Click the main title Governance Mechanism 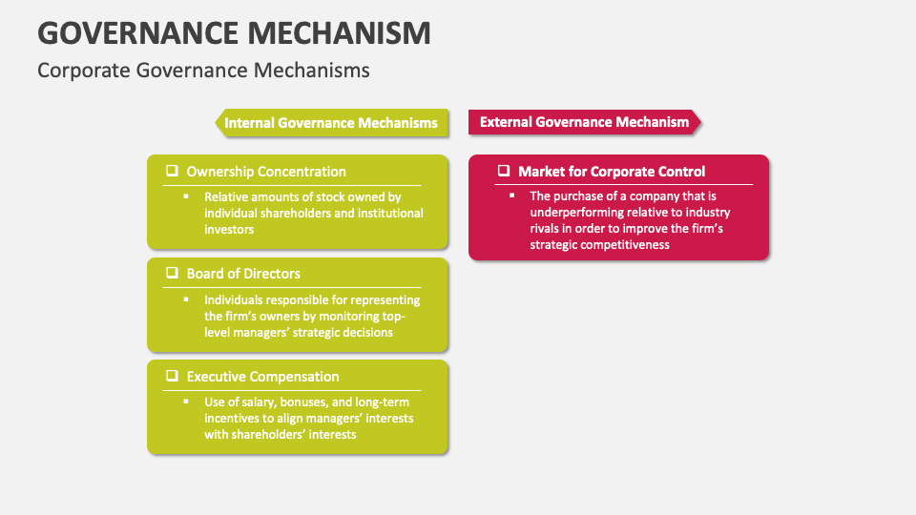click(x=234, y=32)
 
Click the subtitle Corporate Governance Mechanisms click(x=203, y=71)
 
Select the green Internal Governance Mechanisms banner click(x=330, y=123)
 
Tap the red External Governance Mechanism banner click(x=584, y=122)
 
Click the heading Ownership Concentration click(x=266, y=172)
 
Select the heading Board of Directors click(x=243, y=274)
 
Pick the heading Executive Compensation click(x=262, y=376)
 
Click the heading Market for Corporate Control click(x=612, y=172)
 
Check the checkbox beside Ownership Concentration click(x=172, y=171)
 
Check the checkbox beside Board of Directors click(x=172, y=273)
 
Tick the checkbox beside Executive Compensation click(x=172, y=375)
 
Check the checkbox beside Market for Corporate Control click(x=504, y=171)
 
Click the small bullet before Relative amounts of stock click(x=187, y=196)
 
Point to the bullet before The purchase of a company click(x=512, y=196)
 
